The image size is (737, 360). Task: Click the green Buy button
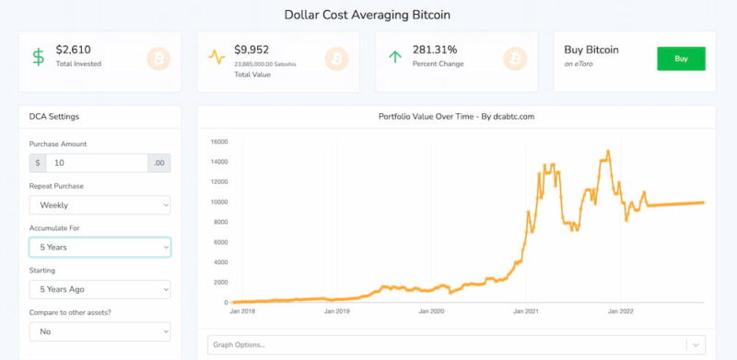click(x=681, y=59)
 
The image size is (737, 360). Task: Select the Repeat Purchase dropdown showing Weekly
click(x=99, y=205)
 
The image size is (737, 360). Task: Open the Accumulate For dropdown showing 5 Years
click(x=99, y=247)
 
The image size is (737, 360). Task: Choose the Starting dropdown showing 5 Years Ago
click(x=99, y=289)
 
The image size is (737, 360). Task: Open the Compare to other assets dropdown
click(x=99, y=331)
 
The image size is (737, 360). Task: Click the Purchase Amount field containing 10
click(x=97, y=163)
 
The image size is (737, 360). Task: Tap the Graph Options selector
click(x=456, y=345)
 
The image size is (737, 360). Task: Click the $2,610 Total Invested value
click(x=74, y=50)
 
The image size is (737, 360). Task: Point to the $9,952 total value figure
click(x=252, y=50)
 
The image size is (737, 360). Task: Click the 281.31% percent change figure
click(x=435, y=50)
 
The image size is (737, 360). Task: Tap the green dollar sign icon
click(x=39, y=57)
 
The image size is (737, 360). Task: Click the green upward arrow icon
click(x=395, y=57)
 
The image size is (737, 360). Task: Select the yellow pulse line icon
click(x=216, y=57)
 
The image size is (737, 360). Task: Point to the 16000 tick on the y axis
click(x=220, y=142)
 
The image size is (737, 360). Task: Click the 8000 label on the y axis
click(x=221, y=222)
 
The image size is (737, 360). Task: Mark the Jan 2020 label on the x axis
click(x=431, y=311)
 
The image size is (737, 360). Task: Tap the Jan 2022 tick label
click(x=620, y=311)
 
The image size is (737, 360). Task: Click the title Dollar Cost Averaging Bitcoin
click(x=368, y=15)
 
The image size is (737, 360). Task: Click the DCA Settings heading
click(x=54, y=117)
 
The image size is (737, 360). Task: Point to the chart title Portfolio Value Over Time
click(x=427, y=117)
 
